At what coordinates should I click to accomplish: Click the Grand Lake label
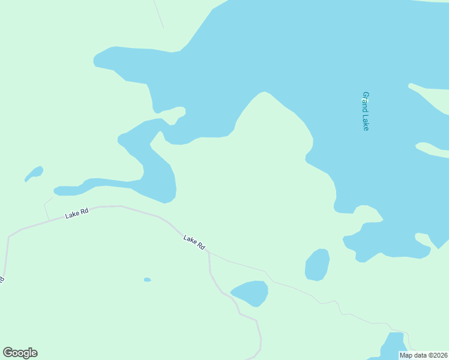pyautogui.click(x=365, y=111)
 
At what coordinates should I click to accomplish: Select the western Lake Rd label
pyautogui.click(x=77, y=213)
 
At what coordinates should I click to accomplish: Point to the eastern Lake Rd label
pyautogui.click(x=194, y=242)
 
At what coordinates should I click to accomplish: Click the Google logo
pyautogui.click(x=20, y=353)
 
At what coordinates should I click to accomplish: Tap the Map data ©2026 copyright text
pyautogui.click(x=423, y=355)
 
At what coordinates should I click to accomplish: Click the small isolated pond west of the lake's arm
pyautogui.click(x=34, y=173)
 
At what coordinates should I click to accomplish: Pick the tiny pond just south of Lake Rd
pyautogui.click(x=147, y=280)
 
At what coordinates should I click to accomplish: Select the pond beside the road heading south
pyautogui.click(x=250, y=292)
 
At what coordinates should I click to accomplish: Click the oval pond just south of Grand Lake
pyautogui.click(x=318, y=265)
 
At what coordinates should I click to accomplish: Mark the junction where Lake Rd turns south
pyautogui.click(x=208, y=253)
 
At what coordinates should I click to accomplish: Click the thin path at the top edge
pyautogui.click(x=158, y=13)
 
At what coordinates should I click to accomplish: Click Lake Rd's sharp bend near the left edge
pyautogui.click(x=9, y=236)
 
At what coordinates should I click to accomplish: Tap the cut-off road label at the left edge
pyautogui.click(x=2, y=280)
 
